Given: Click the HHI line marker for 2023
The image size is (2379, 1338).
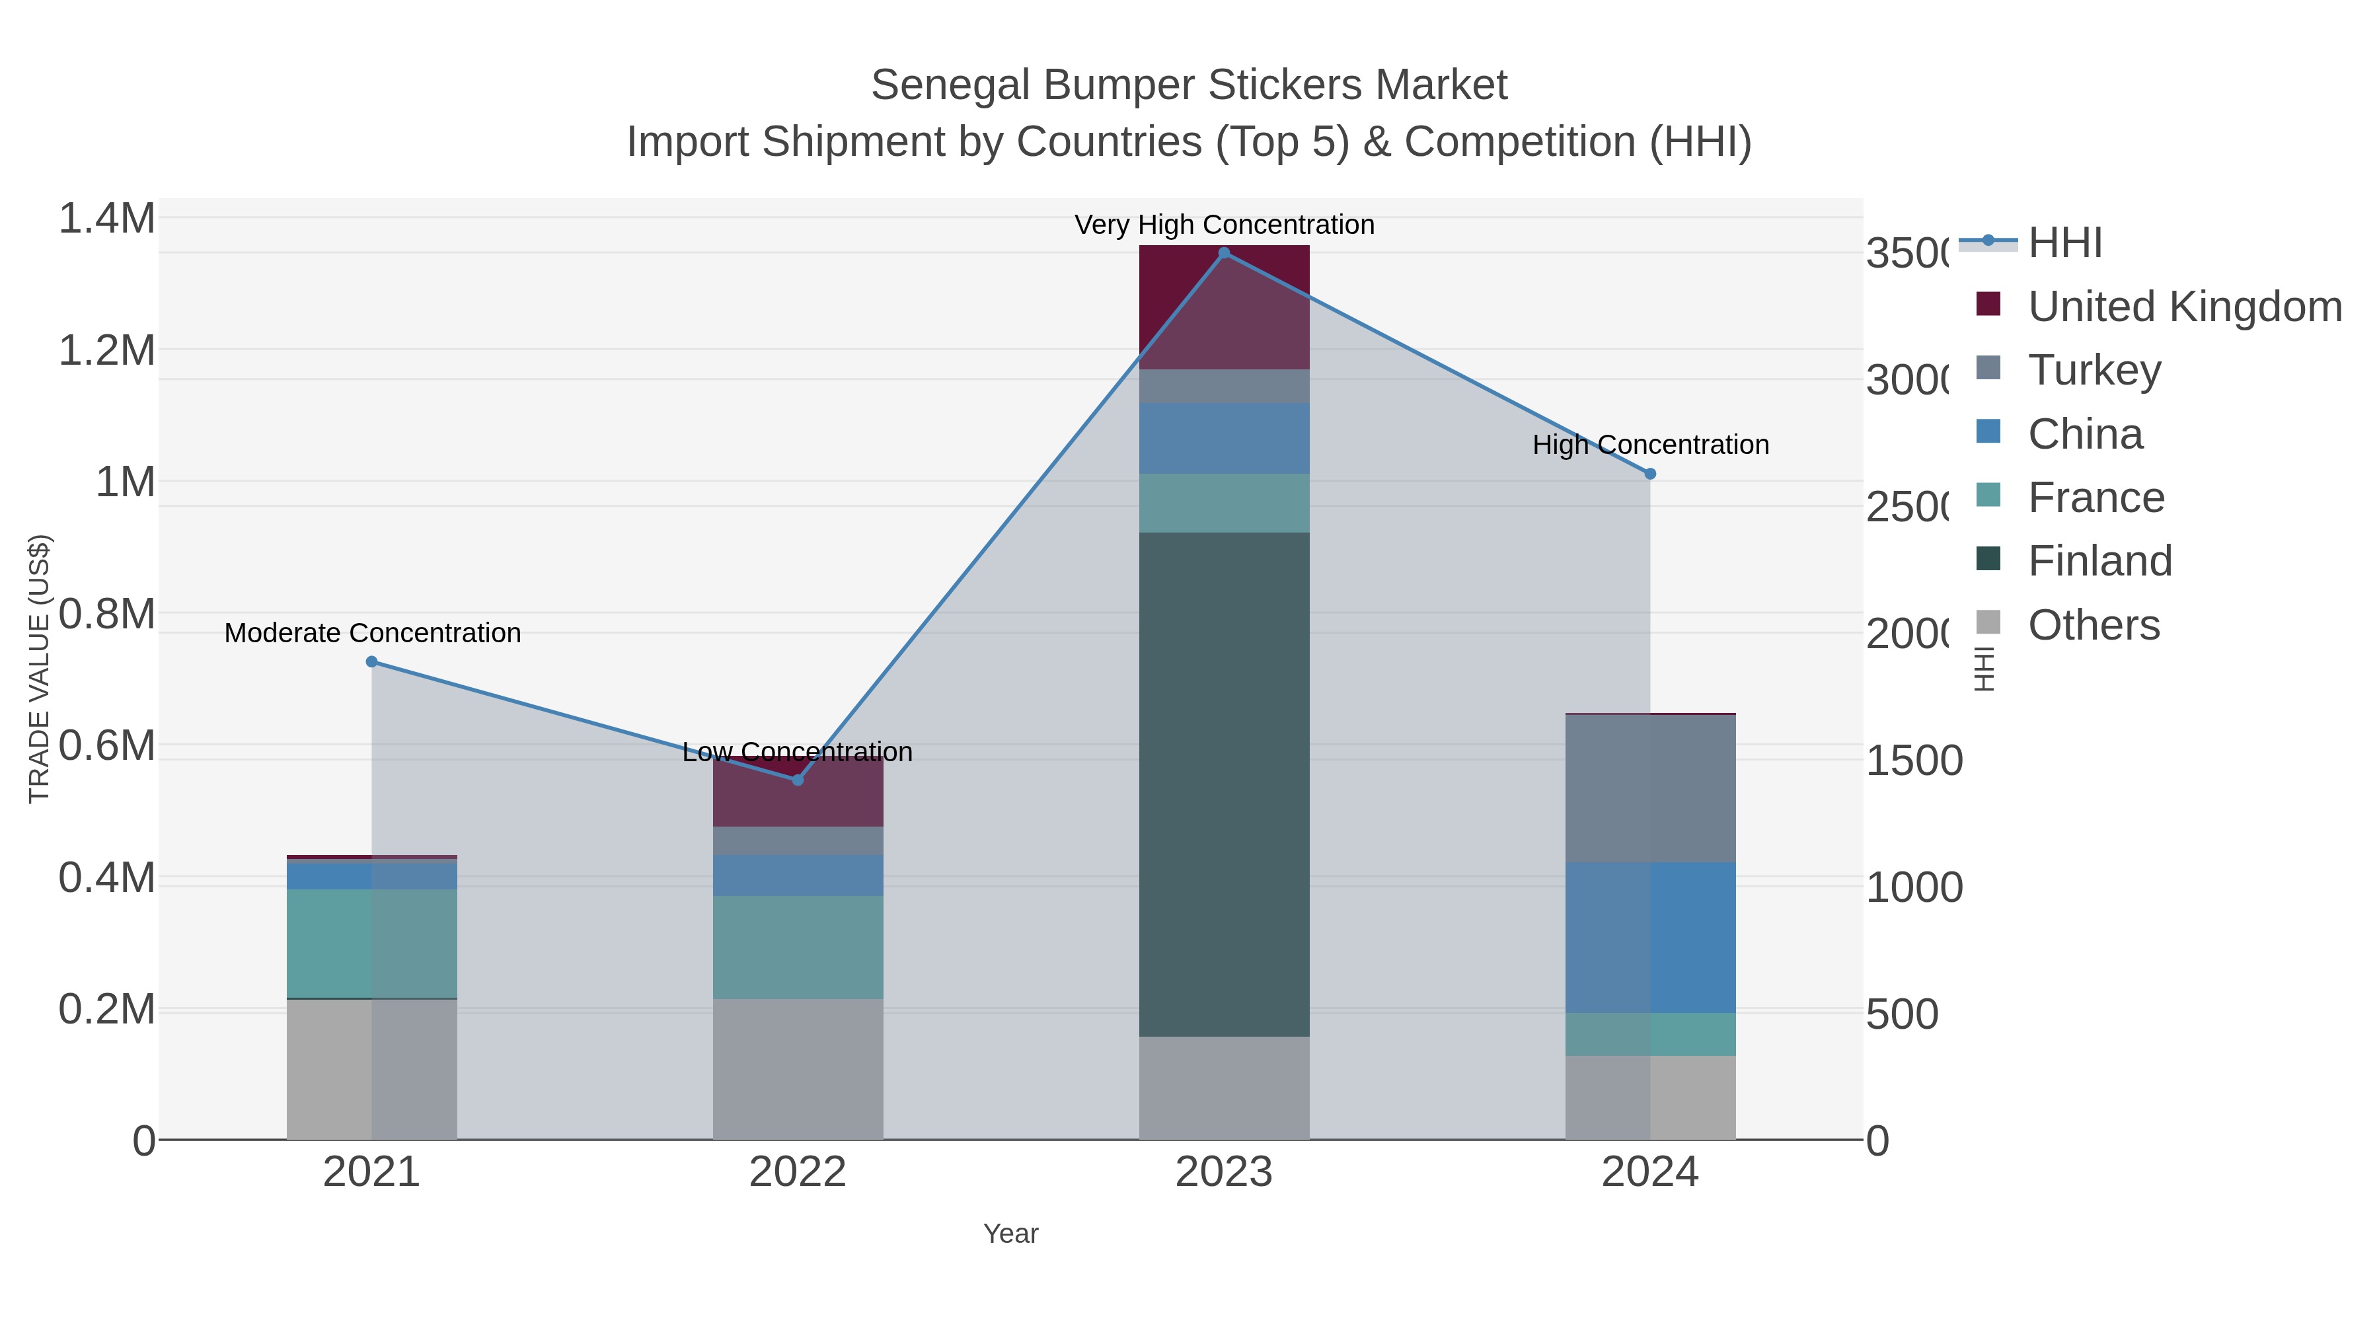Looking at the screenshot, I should [1224, 253].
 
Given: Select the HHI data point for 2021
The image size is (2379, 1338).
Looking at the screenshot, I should [371, 662].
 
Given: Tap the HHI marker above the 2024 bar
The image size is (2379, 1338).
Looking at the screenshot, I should [1650, 474].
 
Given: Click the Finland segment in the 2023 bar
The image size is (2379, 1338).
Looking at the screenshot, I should [1224, 785].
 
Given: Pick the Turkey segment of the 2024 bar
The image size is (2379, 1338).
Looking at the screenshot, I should [1650, 790].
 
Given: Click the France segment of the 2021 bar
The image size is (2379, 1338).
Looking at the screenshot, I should [371, 944].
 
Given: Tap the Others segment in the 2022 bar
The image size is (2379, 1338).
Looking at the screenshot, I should [798, 1069].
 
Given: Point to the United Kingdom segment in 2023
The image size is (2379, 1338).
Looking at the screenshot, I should [1224, 307].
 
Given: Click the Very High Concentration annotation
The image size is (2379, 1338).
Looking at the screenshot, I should [1224, 225].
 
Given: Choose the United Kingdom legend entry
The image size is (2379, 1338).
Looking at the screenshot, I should [2184, 306].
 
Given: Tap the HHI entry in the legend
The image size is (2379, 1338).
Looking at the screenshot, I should [2065, 243].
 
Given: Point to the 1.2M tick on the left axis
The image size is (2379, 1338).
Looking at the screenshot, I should [107, 351].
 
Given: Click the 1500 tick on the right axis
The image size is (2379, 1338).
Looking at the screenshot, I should [1914, 761].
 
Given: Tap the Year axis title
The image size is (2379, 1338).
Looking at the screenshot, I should [1010, 1234].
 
